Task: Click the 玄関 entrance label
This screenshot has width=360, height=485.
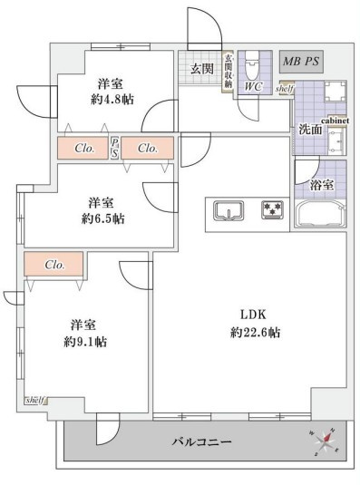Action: pyautogui.click(x=200, y=69)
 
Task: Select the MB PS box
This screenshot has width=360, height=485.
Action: pyautogui.click(x=300, y=63)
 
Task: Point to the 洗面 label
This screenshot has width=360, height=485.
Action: pyautogui.click(x=309, y=130)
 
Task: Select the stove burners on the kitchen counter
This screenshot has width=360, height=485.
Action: pyautogui.click(x=272, y=211)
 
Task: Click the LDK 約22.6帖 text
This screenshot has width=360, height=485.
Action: pyautogui.click(x=254, y=324)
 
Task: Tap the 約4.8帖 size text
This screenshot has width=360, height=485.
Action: pyautogui.click(x=113, y=100)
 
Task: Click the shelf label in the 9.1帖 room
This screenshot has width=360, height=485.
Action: pyautogui.click(x=34, y=400)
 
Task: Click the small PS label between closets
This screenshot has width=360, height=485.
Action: pyautogui.click(x=115, y=147)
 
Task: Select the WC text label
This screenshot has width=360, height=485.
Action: pyautogui.click(x=253, y=87)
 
